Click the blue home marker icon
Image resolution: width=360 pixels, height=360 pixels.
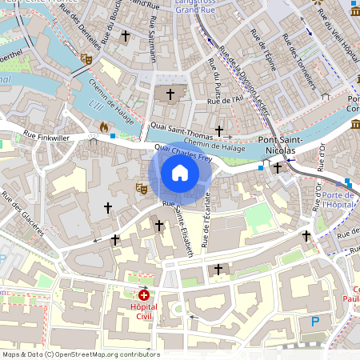coord(180,173)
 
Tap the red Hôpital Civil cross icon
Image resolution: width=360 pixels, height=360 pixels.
coord(144,295)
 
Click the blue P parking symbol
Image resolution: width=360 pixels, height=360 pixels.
coord(314,321)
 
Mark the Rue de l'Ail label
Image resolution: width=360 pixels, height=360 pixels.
coord(225,100)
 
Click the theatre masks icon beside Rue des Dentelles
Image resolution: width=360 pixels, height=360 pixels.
coord(86,59)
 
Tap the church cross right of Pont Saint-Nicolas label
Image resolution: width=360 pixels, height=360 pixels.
coord(278,167)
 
